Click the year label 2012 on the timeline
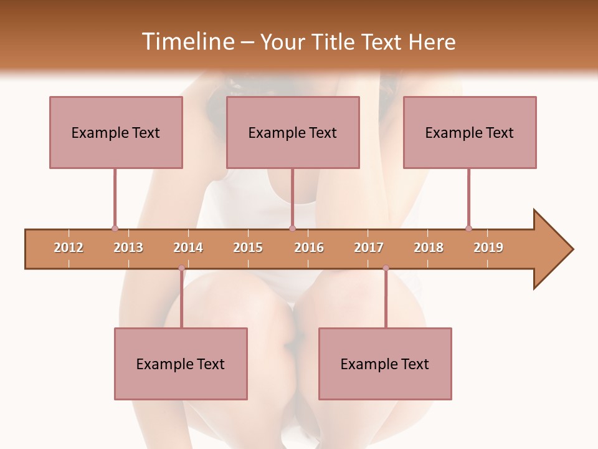tap(69, 248)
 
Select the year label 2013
tap(128, 248)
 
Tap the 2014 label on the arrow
tap(188, 248)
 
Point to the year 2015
tap(248, 248)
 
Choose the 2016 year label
tap(309, 248)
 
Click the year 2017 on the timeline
tap(369, 248)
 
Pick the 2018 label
tap(429, 248)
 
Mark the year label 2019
tap(488, 248)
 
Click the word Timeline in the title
tap(188, 42)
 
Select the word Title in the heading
tap(335, 42)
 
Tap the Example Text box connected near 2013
tap(116, 132)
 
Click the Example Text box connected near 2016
tap(293, 132)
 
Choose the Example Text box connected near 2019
tap(470, 132)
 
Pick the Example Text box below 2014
tap(181, 364)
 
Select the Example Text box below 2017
tap(385, 364)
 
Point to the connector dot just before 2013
tap(115, 228)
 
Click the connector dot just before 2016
tap(292, 228)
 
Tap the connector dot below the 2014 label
tap(181, 268)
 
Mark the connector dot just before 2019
tap(468, 228)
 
